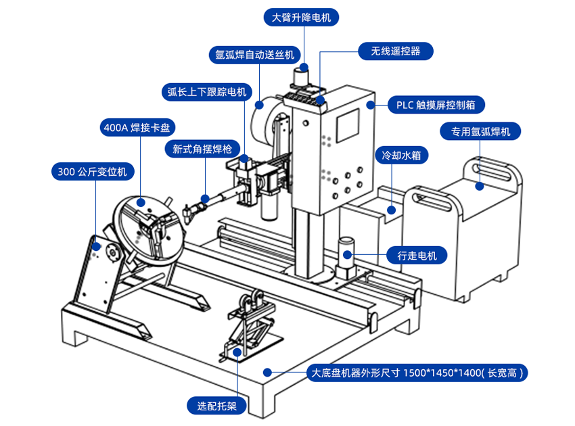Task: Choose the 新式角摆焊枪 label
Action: (x=202, y=149)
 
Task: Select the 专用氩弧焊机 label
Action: (x=480, y=131)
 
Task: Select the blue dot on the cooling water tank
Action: (x=390, y=210)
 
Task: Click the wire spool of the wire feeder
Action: (x=265, y=122)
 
